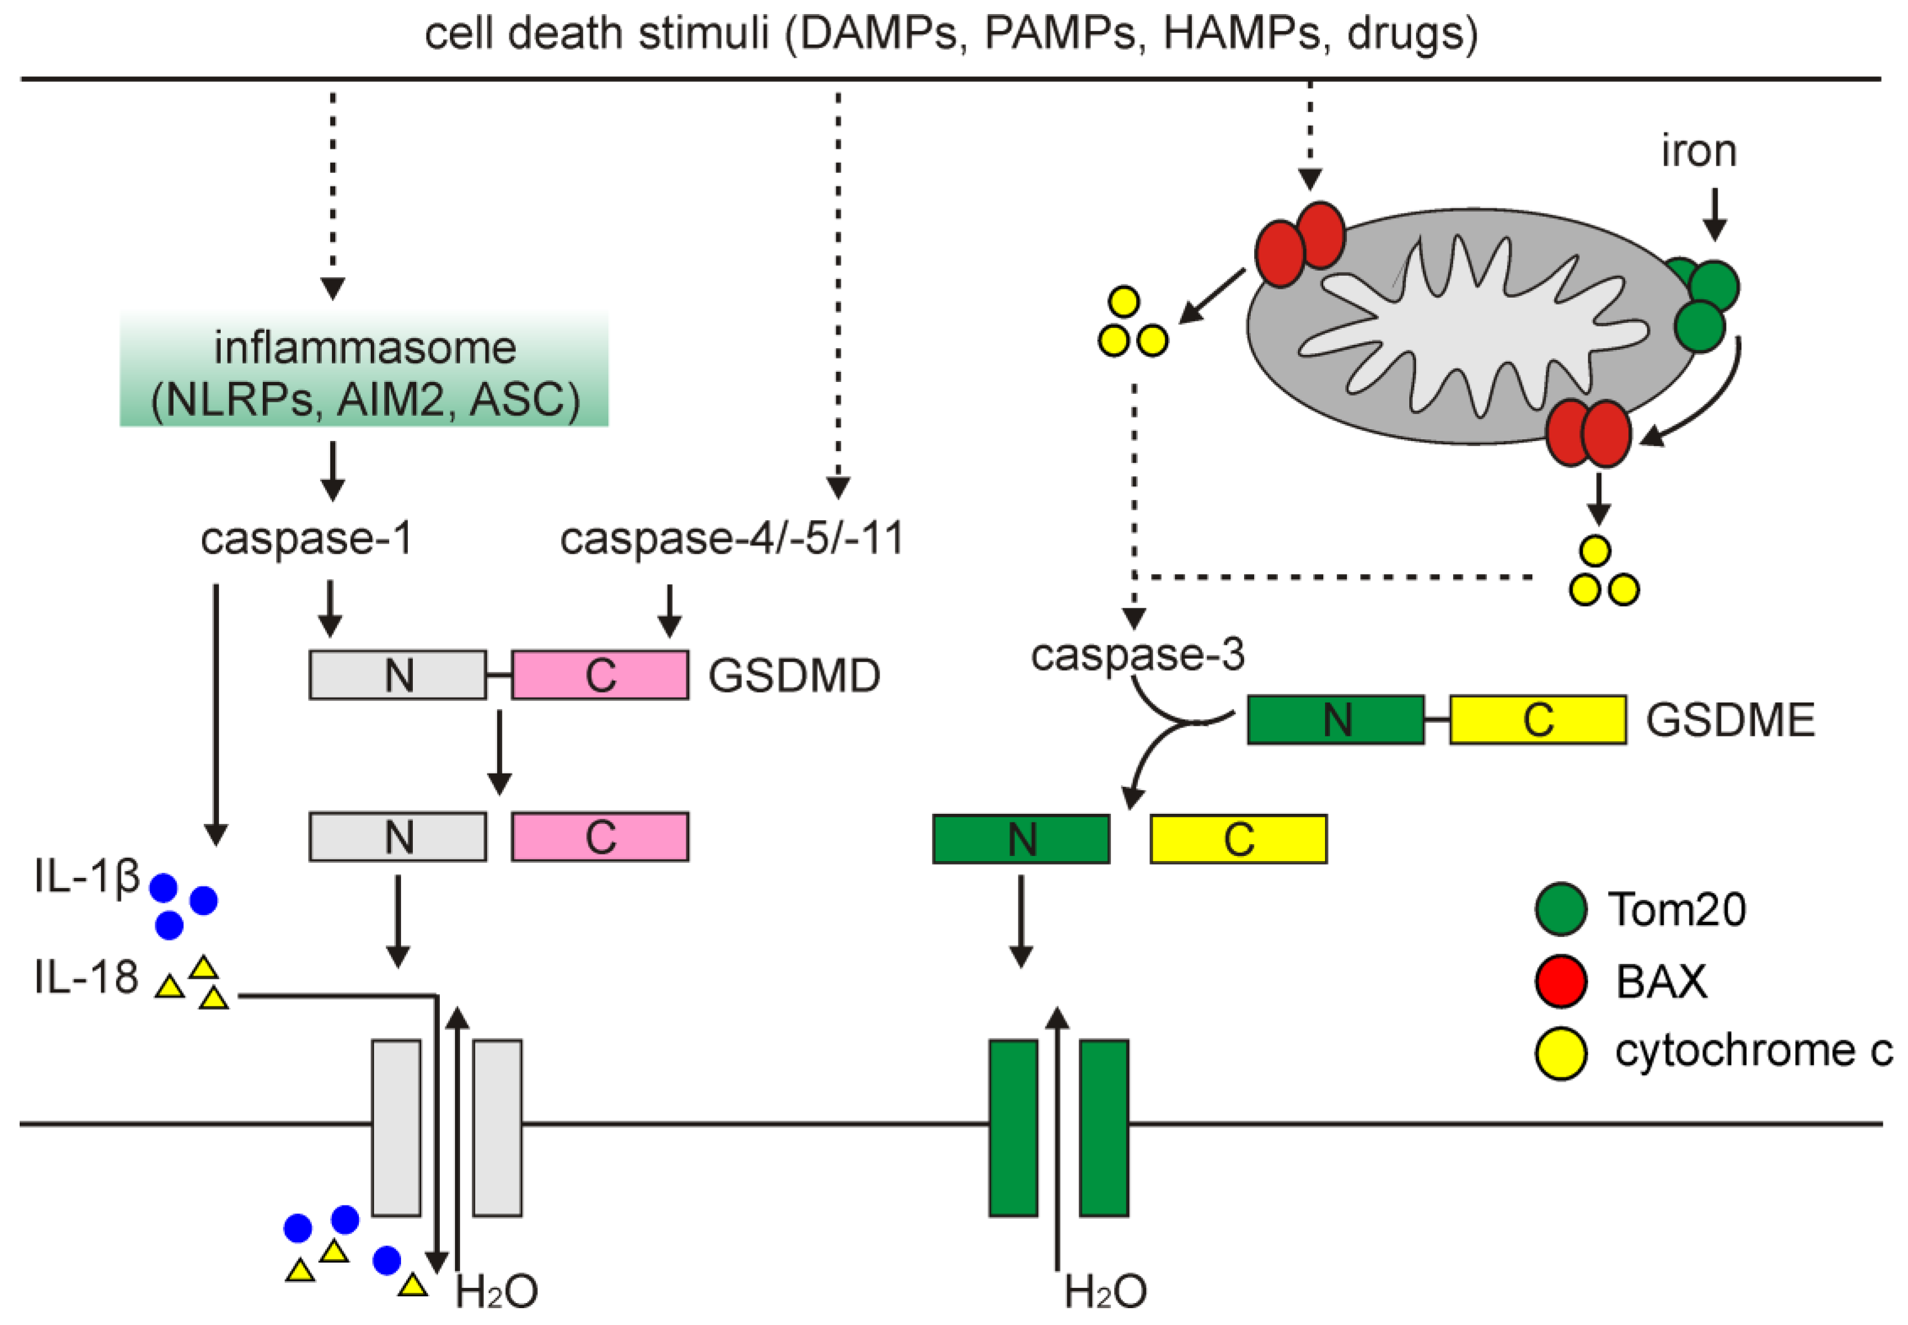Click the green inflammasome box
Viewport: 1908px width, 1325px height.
tap(363, 370)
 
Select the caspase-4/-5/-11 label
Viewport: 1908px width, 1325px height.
tap(731, 539)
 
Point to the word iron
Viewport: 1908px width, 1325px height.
tap(1698, 151)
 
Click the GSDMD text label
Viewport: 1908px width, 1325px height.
tap(794, 676)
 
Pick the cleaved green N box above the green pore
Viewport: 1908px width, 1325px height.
tap(1021, 839)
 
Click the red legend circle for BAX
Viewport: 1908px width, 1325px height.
tap(1561, 981)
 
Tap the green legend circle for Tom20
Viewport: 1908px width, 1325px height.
tap(1561, 909)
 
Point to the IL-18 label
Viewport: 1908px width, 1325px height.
tap(85, 977)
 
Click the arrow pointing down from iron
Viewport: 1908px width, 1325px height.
tap(1715, 213)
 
